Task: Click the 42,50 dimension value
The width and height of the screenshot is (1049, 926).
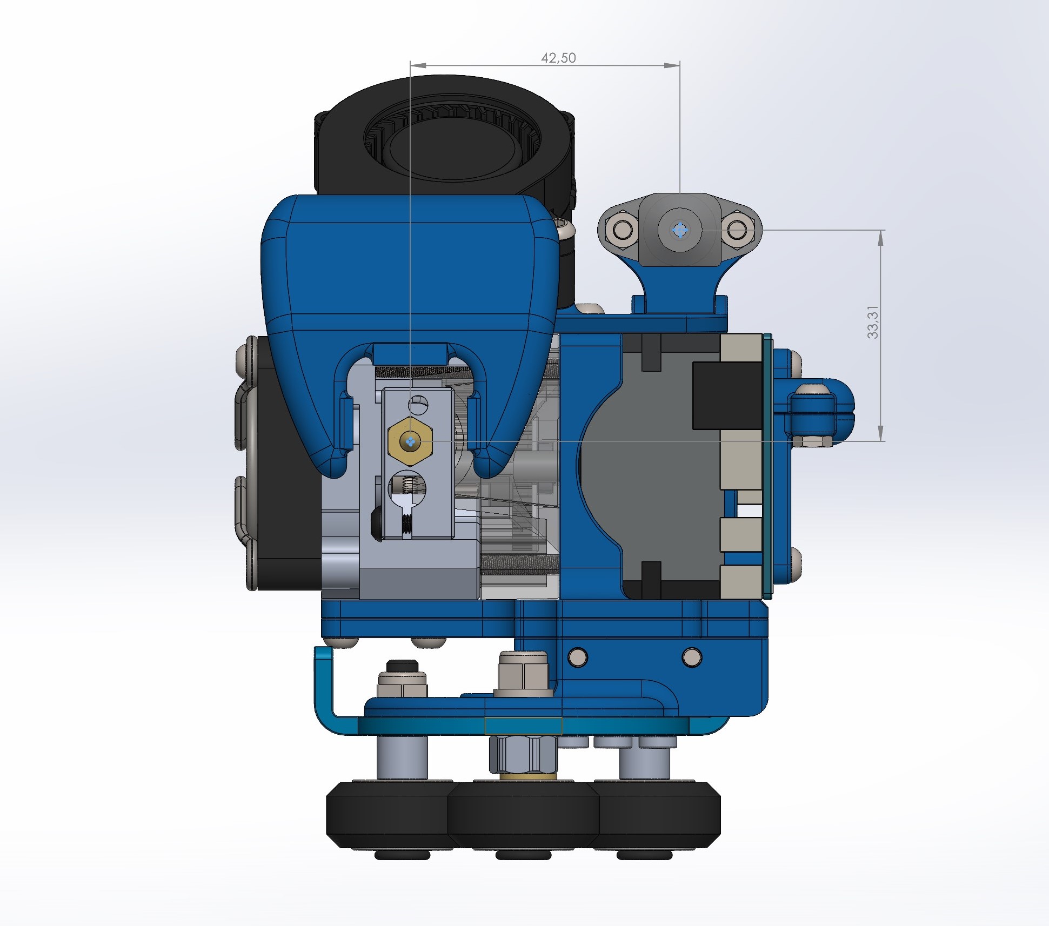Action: pyautogui.click(x=558, y=58)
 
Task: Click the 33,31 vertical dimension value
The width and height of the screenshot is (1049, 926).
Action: pyautogui.click(x=873, y=323)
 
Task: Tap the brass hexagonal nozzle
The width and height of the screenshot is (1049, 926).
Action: pyautogui.click(x=410, y=441)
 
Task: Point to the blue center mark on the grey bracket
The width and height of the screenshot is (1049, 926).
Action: pyautogui.click(x=680, y=230)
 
